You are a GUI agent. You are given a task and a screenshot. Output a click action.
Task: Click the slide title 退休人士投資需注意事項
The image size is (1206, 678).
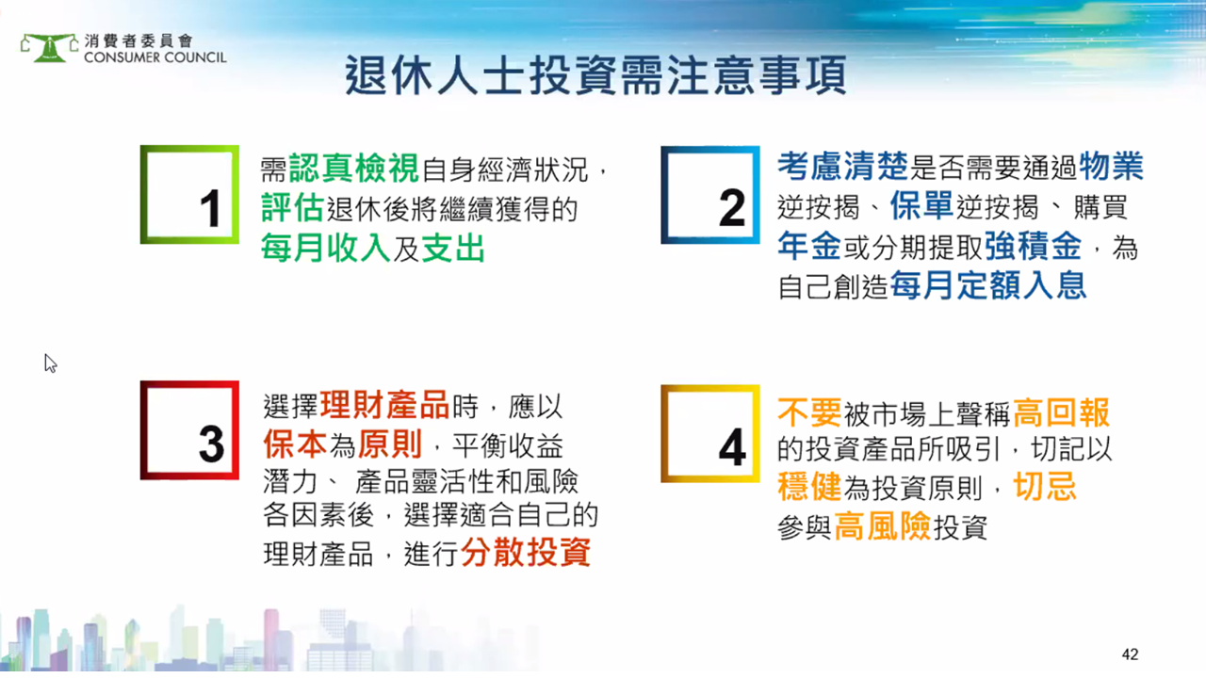(595, 75)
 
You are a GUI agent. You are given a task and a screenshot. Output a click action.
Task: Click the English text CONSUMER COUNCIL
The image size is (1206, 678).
(155, 57)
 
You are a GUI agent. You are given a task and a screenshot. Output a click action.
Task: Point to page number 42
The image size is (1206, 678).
(1130, 654)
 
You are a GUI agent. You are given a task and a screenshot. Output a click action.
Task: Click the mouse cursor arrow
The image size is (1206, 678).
(50, 363)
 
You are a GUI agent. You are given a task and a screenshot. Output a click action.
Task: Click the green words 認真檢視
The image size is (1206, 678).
(353, 168)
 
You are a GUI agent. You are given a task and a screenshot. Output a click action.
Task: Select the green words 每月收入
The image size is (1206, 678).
(326, 248)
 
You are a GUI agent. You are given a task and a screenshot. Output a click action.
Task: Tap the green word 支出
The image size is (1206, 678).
(453, 248)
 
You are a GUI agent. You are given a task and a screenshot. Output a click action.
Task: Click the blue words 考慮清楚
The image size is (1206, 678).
(842, 166)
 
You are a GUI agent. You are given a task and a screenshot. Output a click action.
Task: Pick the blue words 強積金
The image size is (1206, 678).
(1034, 246)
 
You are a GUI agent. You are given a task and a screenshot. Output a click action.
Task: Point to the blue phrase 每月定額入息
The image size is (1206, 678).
(988, 285)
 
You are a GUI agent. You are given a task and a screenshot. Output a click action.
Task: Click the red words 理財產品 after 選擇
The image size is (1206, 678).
(384, 405)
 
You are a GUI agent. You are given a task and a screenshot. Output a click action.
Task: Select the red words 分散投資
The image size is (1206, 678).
(526, 552)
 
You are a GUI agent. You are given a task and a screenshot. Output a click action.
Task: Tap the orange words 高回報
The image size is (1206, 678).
(1061, 412)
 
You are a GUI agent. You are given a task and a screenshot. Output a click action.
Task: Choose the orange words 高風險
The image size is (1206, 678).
(883, 525)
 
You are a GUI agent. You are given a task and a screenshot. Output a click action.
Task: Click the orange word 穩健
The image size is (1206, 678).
(809, 487)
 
